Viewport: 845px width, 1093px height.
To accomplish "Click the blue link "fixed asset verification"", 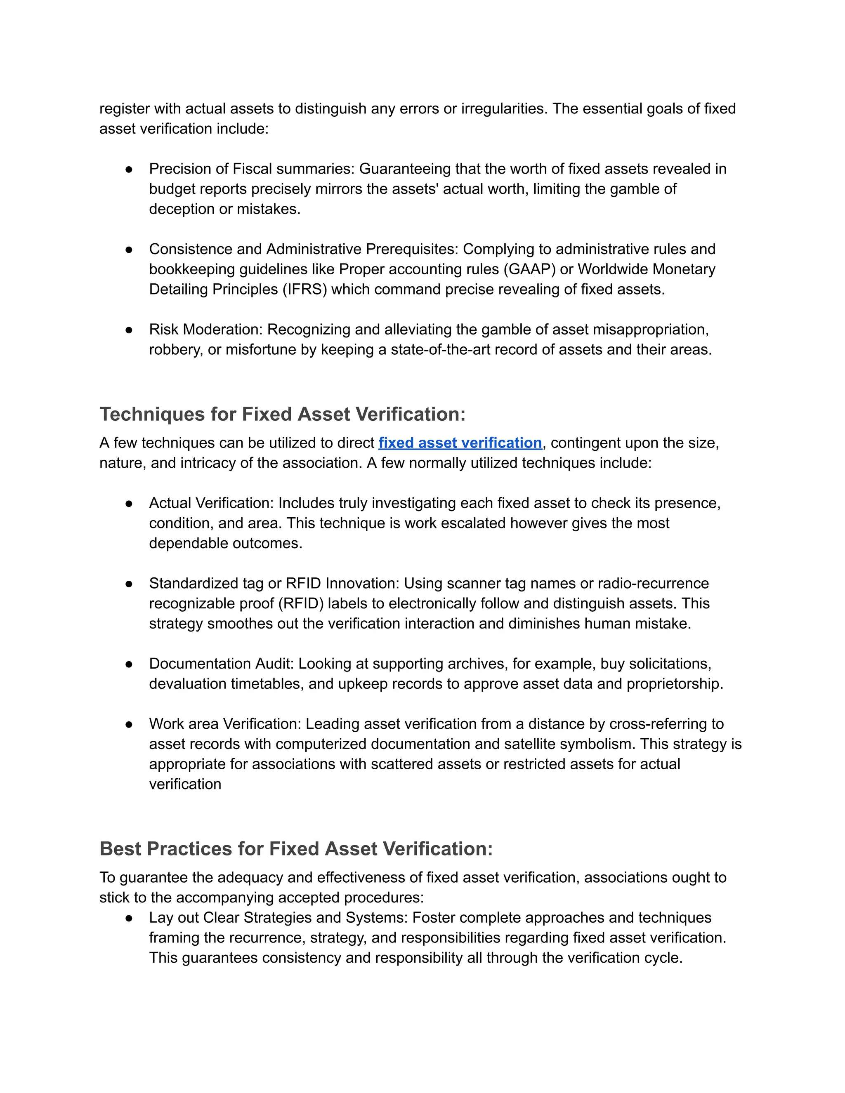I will point(460,443).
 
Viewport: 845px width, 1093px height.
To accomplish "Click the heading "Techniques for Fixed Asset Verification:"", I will point(282,415).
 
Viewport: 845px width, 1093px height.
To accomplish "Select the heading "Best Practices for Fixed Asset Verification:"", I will point(296,849).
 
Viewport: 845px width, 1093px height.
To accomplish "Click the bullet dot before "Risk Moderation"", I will point(129,330).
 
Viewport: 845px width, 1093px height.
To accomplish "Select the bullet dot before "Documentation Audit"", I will point(129,664).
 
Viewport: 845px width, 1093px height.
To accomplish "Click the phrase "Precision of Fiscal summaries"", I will point(251,169).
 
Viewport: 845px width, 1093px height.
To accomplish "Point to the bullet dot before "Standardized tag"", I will point(129,584).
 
